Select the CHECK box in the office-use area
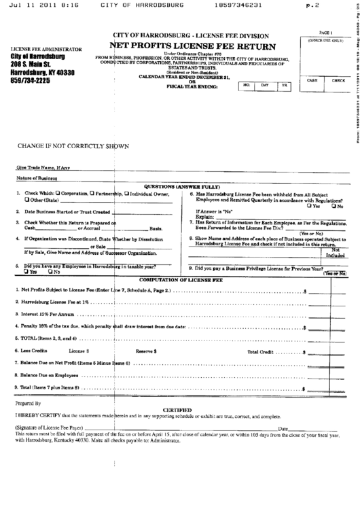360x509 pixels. (x=338, y=80)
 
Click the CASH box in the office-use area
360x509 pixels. (x=312, y=80)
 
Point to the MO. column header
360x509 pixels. (x=247, y=85)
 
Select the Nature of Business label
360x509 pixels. (x=37, y=178)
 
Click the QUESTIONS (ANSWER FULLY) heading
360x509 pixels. (x=180, y=186)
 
